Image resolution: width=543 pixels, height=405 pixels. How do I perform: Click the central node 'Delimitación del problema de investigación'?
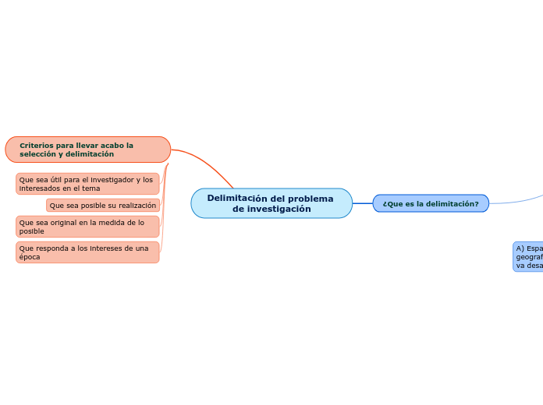271,203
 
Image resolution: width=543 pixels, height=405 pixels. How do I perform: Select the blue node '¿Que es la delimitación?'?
431,203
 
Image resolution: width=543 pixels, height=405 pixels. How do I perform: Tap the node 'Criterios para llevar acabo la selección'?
87,150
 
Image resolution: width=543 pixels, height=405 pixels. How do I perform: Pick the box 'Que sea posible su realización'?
103,206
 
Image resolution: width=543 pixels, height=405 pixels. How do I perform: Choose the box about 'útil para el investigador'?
87,184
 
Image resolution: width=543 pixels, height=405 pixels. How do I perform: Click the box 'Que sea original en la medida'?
87,227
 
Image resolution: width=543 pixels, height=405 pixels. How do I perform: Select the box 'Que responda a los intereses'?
87,252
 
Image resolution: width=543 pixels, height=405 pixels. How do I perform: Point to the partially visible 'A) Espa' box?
528,256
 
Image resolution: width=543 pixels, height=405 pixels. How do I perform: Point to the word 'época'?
30,257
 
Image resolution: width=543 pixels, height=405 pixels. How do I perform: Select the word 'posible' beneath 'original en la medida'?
32,231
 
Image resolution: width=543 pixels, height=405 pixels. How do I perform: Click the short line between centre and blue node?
363,203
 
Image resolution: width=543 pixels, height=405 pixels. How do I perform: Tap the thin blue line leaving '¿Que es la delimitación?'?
515,199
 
